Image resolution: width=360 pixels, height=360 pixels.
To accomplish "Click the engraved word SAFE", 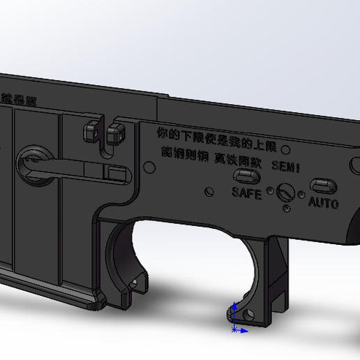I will [246, 193].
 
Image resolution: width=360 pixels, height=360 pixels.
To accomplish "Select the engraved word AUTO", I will [323, 204].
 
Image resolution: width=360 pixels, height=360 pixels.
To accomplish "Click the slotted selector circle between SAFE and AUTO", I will [284, 191].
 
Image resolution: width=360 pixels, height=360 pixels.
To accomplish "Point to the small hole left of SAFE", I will [208, 190].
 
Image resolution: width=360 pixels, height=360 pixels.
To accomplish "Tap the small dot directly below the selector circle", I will [286, 208].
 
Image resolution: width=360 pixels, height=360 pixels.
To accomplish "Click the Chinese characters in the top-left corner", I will [20, 99].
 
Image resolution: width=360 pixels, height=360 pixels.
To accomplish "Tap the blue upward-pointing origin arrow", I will [235, 307].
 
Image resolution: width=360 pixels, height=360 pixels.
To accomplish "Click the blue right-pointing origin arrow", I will [244, 329].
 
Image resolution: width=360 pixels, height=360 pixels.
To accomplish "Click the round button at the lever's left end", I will [31, 162].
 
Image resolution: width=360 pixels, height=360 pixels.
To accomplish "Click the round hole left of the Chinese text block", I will [149, 165].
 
